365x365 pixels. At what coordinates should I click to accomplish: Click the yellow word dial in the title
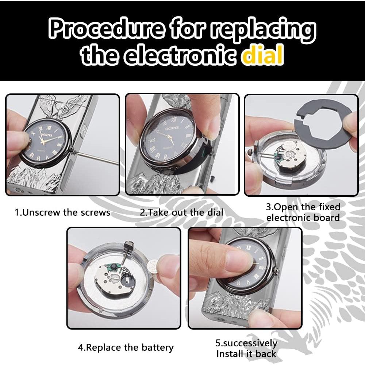pyautogui.click(x=263, y=55)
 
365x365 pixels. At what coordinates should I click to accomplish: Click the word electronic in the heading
pyautogui.click(x=181, y=55)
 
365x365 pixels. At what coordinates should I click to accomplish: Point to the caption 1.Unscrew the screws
pyautogui.click(x=62, y=212)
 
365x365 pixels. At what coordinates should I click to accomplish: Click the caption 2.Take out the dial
pyautogui.click(x=181, y=212)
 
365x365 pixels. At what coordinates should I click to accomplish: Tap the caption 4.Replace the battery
pyautogui.click(x=126, y=347)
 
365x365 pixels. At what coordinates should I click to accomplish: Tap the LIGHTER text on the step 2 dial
pyautogui.click(x=172, y=128)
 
